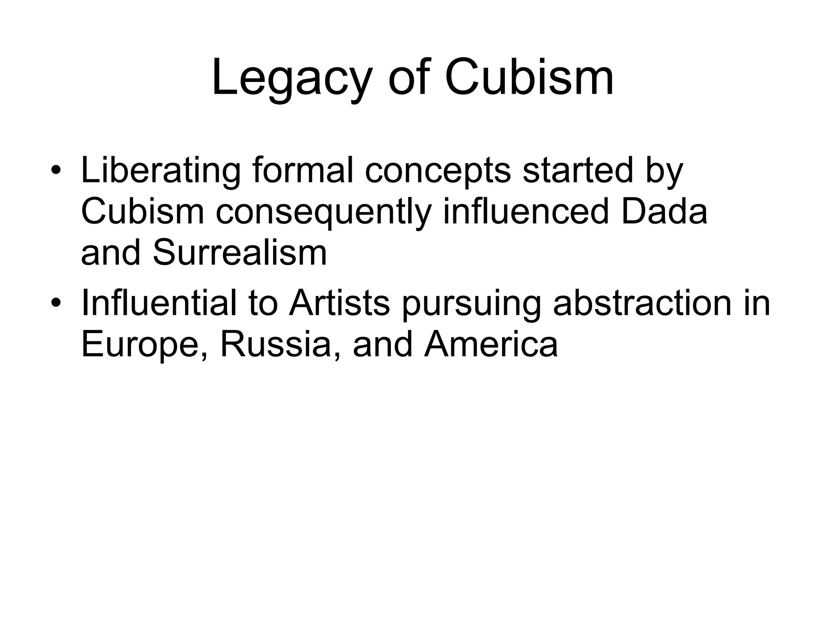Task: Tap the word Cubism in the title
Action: click(529, 77)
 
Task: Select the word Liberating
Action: click(161, 171)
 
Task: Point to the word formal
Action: click(303, 170)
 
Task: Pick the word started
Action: click(578, 170)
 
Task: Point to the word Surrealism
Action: click(240, 253)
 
